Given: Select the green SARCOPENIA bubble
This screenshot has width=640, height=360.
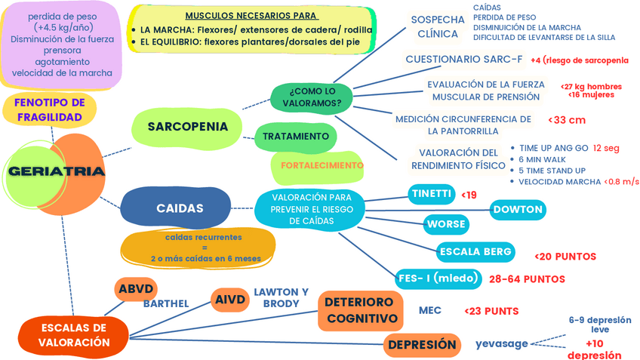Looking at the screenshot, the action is (x=187, y=127).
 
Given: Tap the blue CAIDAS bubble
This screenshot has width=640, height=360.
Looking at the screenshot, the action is (x=177, y=208).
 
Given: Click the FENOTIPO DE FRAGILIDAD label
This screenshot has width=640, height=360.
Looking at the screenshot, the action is (x=50, y=109).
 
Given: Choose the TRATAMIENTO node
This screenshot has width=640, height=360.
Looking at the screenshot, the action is (x=296, y=137).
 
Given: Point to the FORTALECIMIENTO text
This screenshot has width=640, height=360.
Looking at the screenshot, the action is (x=322, y=165).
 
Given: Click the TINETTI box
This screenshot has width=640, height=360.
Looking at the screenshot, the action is (x=432, y=194).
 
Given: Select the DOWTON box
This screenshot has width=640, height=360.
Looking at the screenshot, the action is (x=518, y=210).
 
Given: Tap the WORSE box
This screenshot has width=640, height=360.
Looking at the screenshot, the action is (x=446, y=224).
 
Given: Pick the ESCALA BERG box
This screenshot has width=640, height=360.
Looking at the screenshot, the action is (x=475, y=252).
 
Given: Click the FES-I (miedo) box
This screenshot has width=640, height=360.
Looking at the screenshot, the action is (x=438, y=278).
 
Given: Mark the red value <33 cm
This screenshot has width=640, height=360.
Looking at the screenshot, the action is (x=567, y=120).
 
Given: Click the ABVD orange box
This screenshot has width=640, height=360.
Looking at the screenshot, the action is (x=136, y=289).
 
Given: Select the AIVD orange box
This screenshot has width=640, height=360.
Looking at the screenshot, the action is (x=229, y=300).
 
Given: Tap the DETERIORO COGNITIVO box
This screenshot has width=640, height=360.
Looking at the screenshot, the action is (x=361, y=311).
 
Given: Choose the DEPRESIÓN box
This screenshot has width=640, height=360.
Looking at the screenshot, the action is (x=422, y=345).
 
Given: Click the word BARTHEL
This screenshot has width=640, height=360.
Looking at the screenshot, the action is (x=166, y=304).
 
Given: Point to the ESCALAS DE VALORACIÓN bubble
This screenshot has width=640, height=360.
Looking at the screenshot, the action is (x=74, y=336).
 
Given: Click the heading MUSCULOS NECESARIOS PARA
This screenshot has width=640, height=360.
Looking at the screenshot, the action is (x=251, y=16).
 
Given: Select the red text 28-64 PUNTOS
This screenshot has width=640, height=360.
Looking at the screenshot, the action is (x=527, y=279).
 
